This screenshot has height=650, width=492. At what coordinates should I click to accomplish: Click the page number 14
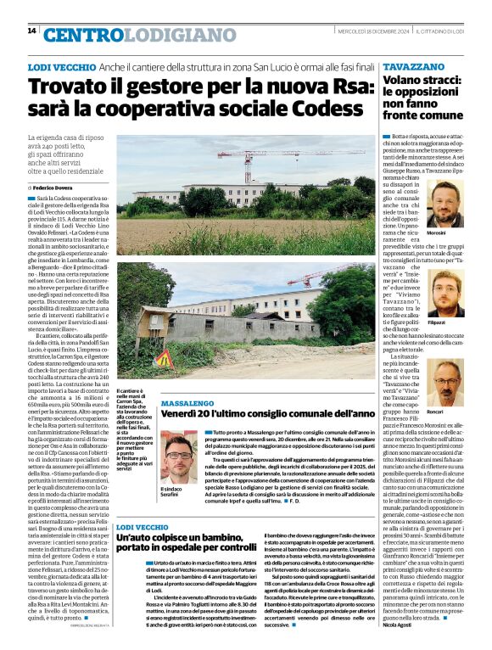pyautogui.click(x=31, y=31)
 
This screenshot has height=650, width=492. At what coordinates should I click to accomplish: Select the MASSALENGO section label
pyautogui.click(x=188, y=403)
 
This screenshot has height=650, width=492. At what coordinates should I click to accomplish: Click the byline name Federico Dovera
pyautogui.click(x=56, y=186)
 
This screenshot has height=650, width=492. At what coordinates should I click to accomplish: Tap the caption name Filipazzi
pyautogui.click(x=436, y=322)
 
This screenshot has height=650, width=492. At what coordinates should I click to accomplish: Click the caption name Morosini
pyautogui.click(x=436, y=233)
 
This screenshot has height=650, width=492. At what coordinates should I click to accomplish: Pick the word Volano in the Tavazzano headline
pyautogui.click(x=404, y=81)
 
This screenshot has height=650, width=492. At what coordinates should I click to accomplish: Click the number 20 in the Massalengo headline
pyautogui.click(x=211, y=414)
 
